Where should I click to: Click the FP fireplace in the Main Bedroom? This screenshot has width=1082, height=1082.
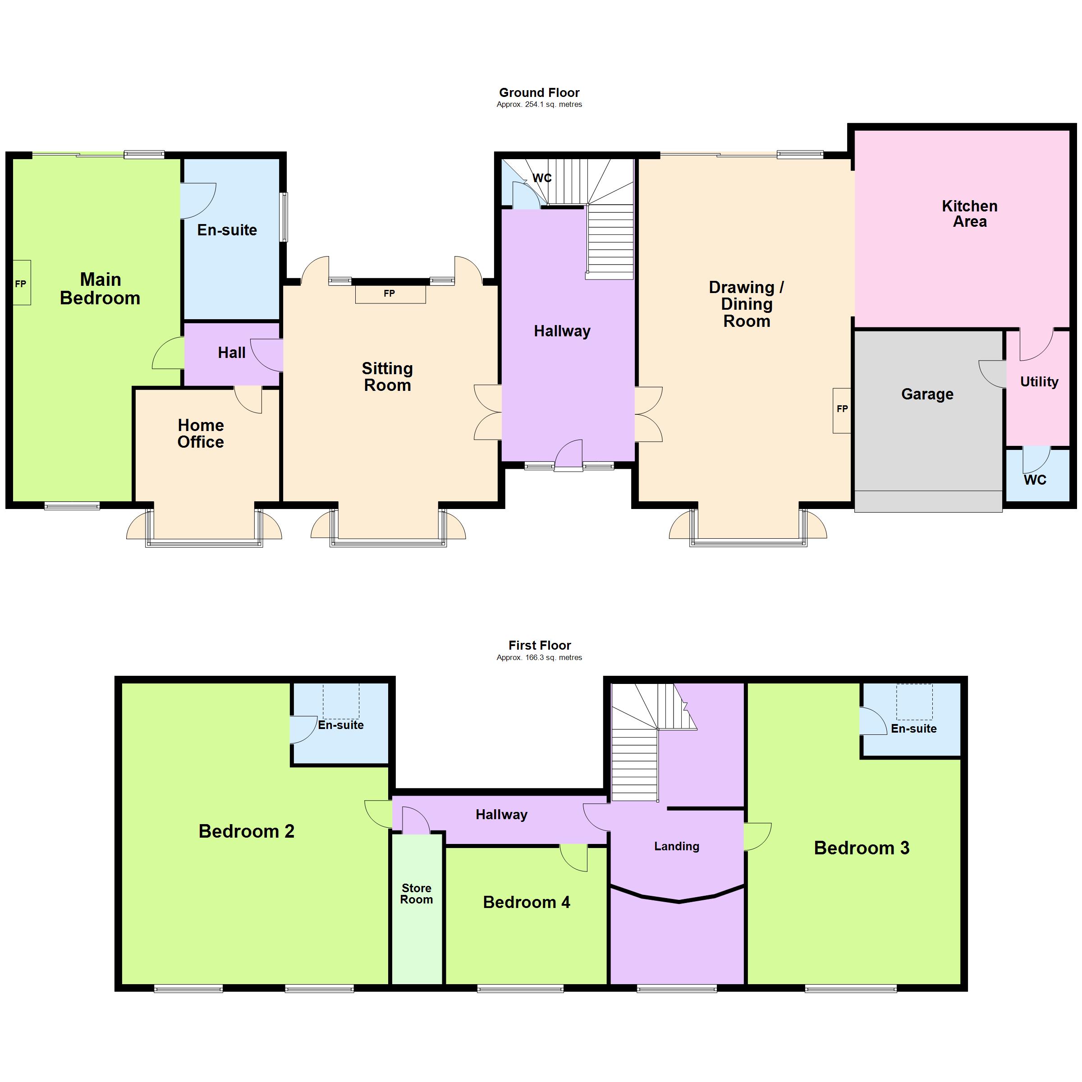pos(21,284)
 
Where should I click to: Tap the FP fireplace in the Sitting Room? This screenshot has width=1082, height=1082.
pos(390,294)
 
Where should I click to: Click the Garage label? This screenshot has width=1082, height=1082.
pos(927,394)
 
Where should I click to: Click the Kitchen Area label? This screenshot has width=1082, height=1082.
pos(969,214)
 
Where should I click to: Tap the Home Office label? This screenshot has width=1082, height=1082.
pos(201,433)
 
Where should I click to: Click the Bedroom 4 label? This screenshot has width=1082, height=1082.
pos(527,902)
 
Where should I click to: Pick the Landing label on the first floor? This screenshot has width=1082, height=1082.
pos(677,846)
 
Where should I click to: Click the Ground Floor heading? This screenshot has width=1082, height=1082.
pos(539,92)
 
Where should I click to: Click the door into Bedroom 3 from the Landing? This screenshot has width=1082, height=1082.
pos(757,837)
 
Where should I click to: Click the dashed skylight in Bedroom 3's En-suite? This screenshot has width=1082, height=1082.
pos(915,702)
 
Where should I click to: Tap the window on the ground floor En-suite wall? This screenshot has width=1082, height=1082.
pos(284,217)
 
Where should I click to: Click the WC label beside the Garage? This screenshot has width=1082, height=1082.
pos(1035,480)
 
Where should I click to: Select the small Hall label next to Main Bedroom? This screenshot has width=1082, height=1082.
pos(231,353)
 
